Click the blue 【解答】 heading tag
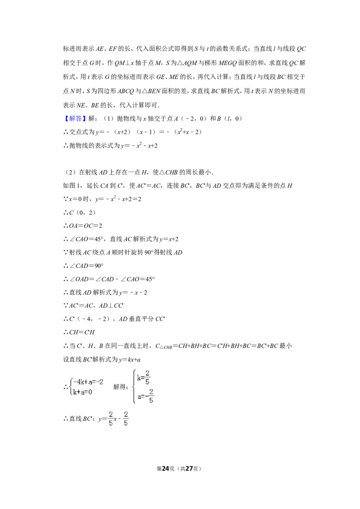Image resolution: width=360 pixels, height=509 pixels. tap(74, 119)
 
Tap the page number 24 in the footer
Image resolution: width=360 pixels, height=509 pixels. tap(166, 469)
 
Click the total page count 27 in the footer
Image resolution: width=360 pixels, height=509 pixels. tap(189, 469)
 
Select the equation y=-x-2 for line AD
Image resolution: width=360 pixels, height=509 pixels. tap(133, 292)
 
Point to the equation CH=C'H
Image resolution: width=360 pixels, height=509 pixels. tap(81, 332)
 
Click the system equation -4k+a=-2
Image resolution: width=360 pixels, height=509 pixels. tap(88, 382)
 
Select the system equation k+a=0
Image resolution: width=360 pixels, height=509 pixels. tap(82, 392)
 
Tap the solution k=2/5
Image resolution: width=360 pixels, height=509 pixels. tap(144, 378)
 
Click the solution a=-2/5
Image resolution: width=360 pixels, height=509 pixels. tap(145, 396)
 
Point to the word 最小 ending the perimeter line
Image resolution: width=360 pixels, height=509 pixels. tap(286, 346)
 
